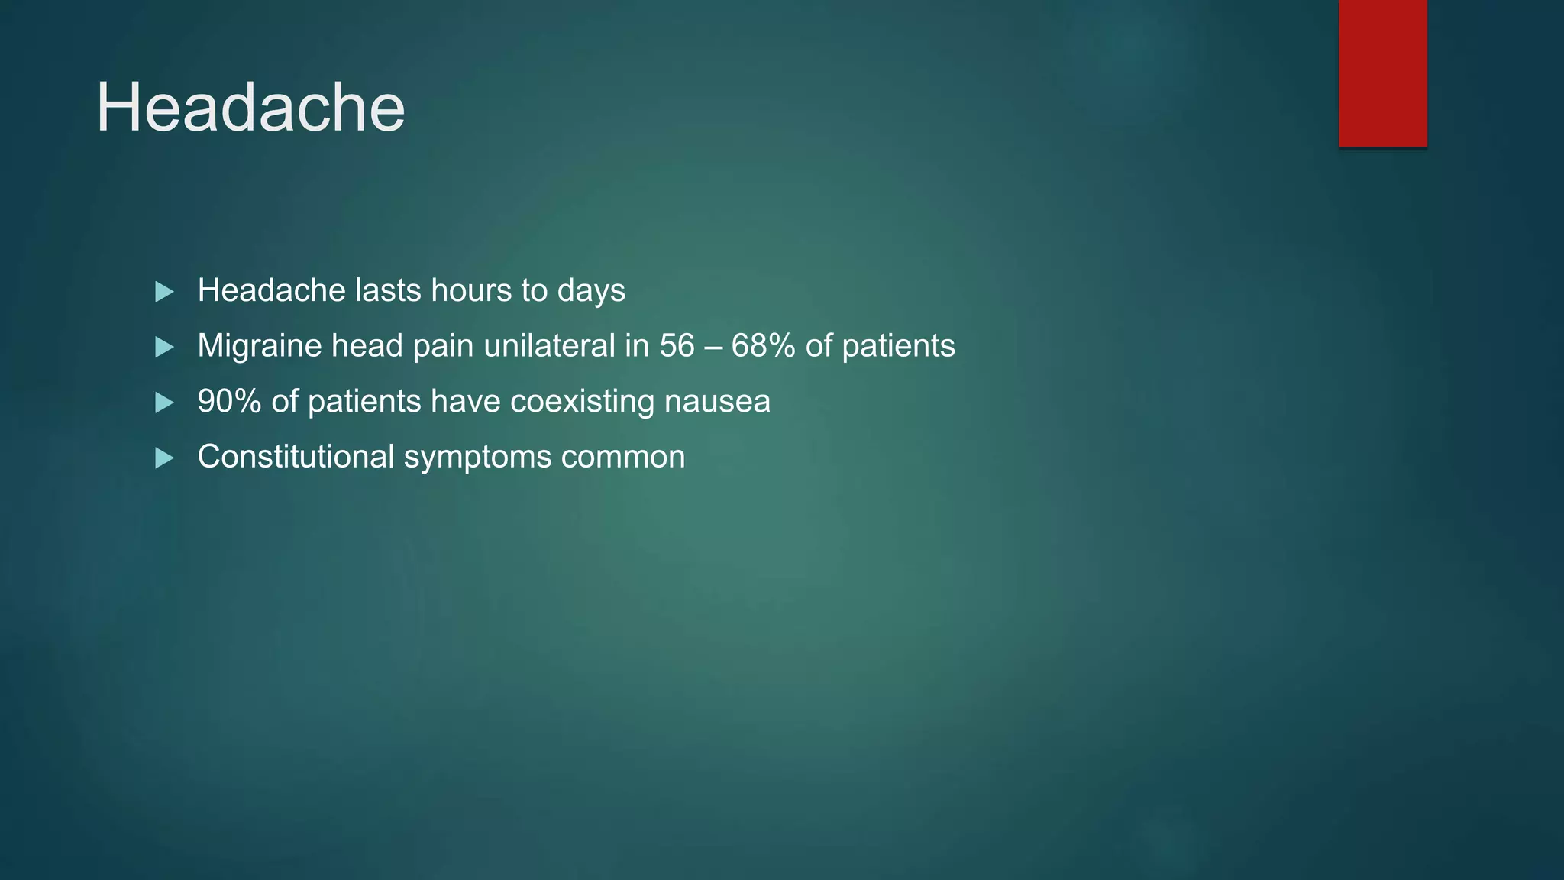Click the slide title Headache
[x=250, y=108]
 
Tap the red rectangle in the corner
[x=1382, y=73]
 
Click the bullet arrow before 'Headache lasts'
[x=164, y=292]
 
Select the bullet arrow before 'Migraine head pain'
[x=164, y=348]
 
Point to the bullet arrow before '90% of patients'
[x=164, y=403]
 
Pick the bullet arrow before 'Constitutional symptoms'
[x=164, y=458]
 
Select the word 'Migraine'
[x=260, y=346]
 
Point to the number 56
[x=677, y=346]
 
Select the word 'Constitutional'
[x=296, y=457]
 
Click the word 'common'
[x=623, y=457]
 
